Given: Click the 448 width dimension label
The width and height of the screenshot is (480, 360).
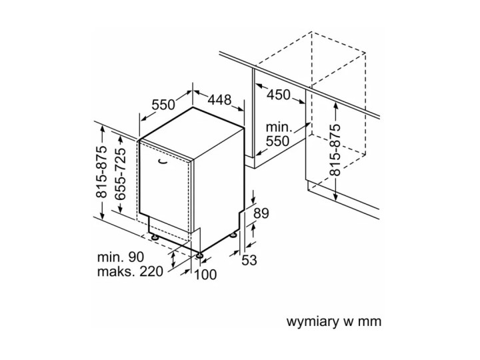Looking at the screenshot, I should point(219,100).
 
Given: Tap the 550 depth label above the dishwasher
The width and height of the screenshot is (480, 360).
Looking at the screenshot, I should point(163,105).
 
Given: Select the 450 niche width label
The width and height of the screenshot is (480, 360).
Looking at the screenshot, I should point(279,95).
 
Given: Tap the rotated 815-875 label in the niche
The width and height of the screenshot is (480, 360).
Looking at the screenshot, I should point(335,149).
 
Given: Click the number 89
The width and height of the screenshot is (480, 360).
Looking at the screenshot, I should point(261,214).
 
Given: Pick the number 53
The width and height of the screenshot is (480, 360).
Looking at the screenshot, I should point(249,260).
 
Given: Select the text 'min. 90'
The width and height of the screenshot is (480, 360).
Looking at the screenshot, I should point(120,256).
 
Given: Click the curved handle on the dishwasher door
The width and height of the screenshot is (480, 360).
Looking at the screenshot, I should point(163,160).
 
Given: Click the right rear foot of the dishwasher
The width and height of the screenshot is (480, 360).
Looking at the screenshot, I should point(234,234).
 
